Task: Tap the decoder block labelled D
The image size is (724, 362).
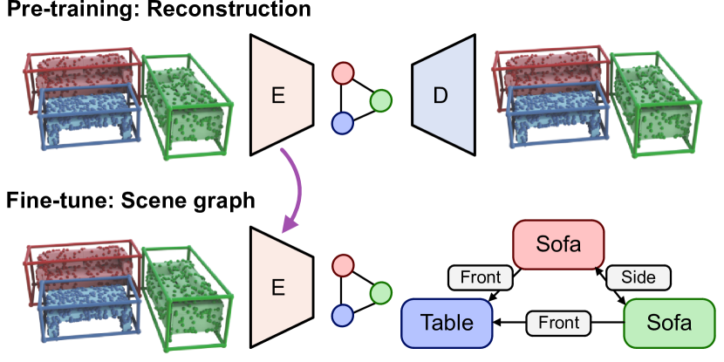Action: [443, 96]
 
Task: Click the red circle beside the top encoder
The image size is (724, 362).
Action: [343, 72]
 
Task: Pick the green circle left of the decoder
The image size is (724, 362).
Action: [380, 101]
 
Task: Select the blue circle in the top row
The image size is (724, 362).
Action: [343, 124]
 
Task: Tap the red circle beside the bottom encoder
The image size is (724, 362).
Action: [343, 265]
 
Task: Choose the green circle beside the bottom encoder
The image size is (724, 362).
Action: [380, 293]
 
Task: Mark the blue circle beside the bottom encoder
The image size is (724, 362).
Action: [343, 316]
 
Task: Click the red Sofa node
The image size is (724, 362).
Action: [558, 243]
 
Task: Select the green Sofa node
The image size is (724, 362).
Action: [668, 322]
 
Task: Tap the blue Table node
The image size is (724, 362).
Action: [447, 322]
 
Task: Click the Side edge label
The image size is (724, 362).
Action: [638, 277]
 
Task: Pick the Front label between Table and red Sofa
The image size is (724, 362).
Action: [480, 277]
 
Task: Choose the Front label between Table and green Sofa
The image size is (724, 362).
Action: [558, 323]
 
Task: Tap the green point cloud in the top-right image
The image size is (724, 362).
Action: [654, 104]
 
